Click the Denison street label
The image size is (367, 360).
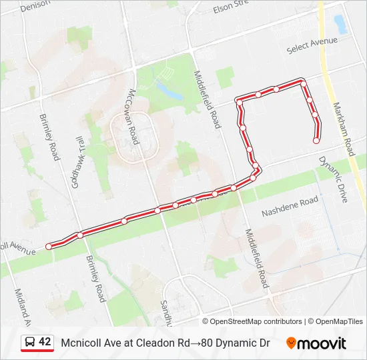click(x=35, y=7)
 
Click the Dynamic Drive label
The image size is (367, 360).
click(x=333, y=179)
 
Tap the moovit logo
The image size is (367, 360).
click(x=316, y=343)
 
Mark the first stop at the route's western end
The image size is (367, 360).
click(x=49, y=247)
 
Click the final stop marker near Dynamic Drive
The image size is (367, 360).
click(x=316, y=140)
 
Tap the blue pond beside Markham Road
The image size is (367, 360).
click(x=340, y=25)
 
